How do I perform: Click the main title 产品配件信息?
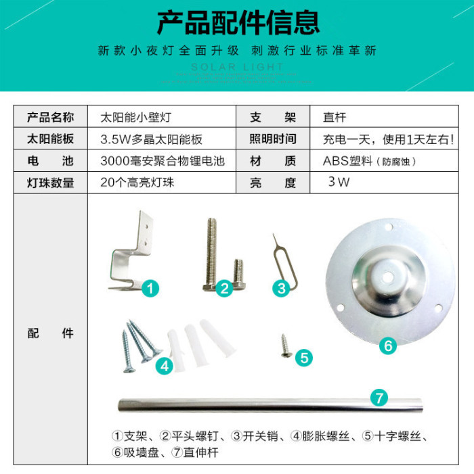[238, 22]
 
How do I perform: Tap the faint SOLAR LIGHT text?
[238, 67]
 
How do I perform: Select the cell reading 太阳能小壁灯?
[136, 117]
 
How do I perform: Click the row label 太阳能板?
[50, 139]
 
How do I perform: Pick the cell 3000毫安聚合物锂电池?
[163, 161]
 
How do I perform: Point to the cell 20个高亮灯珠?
[137, 183]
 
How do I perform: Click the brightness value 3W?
[339, 182]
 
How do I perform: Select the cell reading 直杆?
[335, 117]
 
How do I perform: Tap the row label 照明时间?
[273, 139]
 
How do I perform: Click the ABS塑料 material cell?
[369, 161]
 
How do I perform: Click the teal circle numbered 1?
[150, 288]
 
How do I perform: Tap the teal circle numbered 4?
[165, 366]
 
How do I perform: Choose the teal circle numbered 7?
[379, 398]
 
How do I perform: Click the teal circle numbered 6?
[388, 346]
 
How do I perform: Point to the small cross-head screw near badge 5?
[286, 346]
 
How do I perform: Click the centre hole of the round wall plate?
[388, 277]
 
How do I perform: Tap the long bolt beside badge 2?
[211, 254]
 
